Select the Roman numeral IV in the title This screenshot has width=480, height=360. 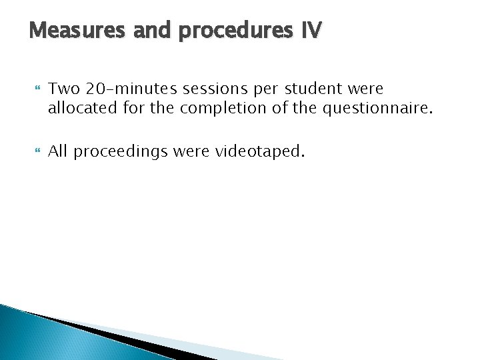[x=310, y=31]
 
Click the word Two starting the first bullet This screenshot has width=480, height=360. [x=63, y=88]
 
